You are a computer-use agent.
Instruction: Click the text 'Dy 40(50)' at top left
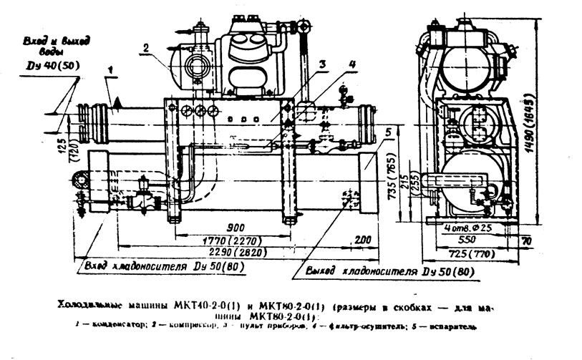coord(48,67)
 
